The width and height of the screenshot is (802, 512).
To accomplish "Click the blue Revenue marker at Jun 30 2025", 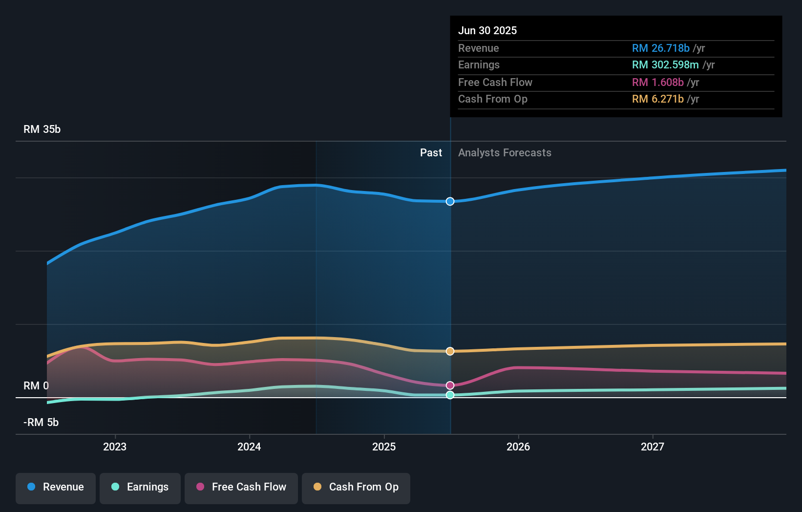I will click(x=450, y=201).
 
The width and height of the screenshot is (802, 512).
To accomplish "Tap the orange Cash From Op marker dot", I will click(x=450, y=351).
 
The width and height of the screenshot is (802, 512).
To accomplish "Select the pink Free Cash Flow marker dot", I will click(x=450, y=385).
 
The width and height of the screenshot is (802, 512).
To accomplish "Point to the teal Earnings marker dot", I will click(x=450, y=395).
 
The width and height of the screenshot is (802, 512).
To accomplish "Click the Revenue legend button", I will click(x=56, y=487).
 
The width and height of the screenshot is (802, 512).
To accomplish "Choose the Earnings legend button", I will click(x=140, y=487).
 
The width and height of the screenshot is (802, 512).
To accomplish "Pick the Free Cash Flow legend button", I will click(x=241, y=487).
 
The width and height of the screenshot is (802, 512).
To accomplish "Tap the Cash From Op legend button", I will click(x=356, y=487).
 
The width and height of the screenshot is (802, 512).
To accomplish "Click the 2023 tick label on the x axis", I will click(x=115, y=447).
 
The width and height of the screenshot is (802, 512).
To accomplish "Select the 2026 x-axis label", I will click(x=518, y=447).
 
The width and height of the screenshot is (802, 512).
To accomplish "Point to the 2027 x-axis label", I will click(x=653, y=447).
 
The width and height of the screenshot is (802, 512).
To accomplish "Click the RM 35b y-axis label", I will click(x=42, y=129).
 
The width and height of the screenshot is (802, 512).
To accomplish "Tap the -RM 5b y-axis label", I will click(x=41, y=423).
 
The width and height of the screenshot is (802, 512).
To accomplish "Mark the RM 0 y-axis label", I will click(x=36, y=386).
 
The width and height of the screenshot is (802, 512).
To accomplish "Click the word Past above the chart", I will click(x=431, y=153).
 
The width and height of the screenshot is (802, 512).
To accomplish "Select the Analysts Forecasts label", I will click(x=505, y=153).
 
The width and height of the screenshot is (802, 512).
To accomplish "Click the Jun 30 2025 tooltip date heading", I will click(x=487, y=30).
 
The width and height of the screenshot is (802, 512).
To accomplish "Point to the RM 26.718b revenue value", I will click(x=660, y=48).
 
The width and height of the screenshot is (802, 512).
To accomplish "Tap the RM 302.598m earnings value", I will click(x=665, y=65).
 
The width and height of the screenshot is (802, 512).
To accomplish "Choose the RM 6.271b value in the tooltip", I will click(x=657, y=99).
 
